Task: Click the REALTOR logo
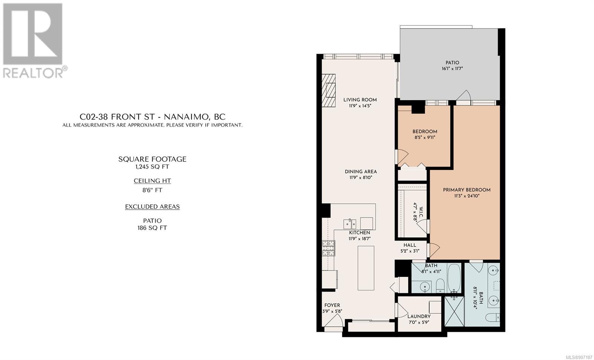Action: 35,41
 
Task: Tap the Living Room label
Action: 360,100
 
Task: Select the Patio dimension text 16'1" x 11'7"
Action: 452,69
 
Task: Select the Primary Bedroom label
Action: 467,190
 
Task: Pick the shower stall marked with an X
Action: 454,311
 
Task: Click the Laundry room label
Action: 419,316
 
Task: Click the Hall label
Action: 410,245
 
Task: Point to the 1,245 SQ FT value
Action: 152,167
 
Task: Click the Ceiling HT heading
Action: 152,181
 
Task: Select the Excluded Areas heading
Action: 152,206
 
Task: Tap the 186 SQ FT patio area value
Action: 152,228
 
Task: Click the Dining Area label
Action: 360,171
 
